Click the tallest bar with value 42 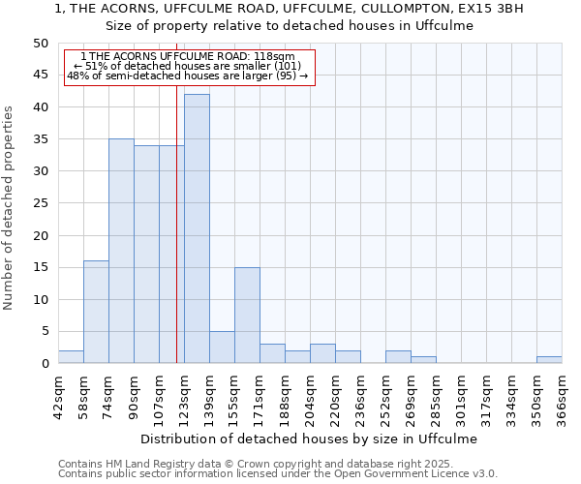pos(197,228)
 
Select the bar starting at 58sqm pos(96,312)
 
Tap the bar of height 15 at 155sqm pos(247,315)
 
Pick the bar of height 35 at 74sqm pos(121,251)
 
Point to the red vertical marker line pos(176,223)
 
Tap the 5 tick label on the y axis pos(44,331)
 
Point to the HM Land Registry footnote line pos(276,464)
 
